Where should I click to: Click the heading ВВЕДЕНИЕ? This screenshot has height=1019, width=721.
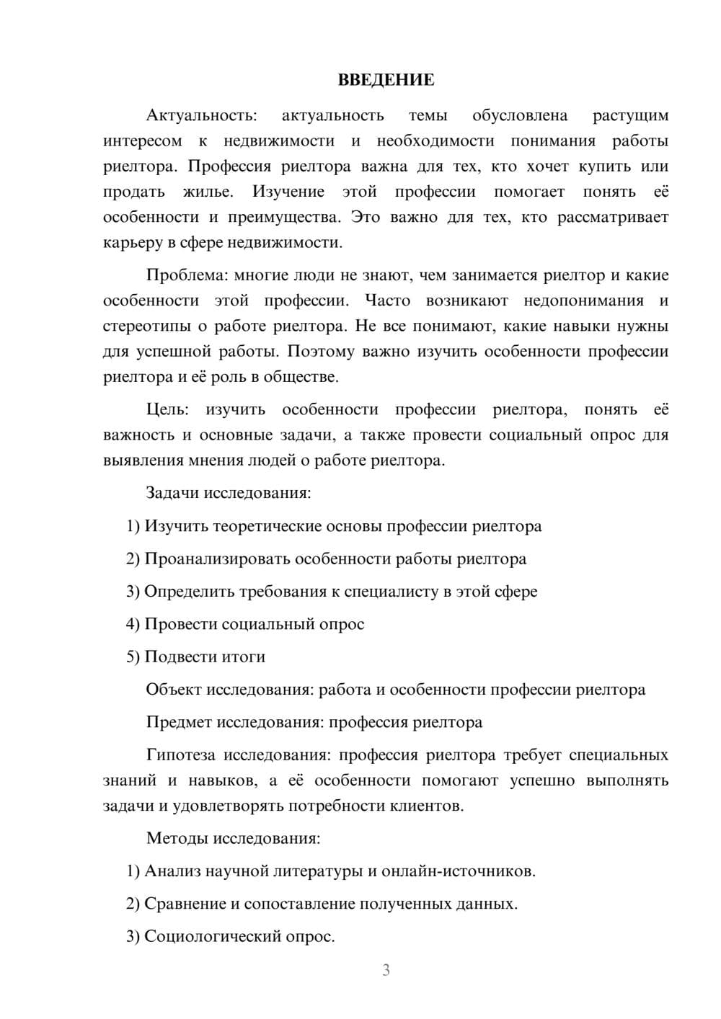(x=386, y=80)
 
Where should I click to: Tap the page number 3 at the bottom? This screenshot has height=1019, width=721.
(x=386, y=970)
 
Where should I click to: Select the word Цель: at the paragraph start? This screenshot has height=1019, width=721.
(x=167, y=409)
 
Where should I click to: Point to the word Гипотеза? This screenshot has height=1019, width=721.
(x=180, y=755)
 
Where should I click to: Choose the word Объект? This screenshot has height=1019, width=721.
(x=174, y=690)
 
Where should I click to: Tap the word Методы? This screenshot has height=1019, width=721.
(x=173, y=838)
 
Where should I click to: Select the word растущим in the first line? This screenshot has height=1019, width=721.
(x=630, y=115)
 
